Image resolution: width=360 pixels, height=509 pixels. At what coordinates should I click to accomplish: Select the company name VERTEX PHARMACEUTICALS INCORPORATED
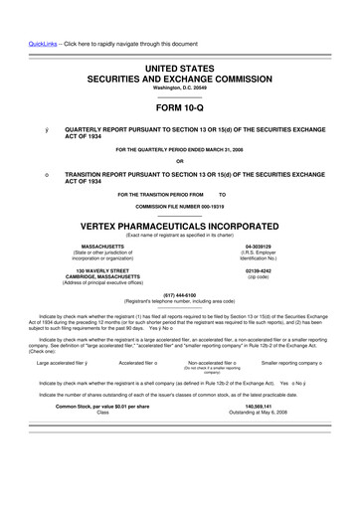click(180, 226)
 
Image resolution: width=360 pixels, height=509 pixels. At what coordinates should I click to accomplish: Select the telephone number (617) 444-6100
click(180, 294)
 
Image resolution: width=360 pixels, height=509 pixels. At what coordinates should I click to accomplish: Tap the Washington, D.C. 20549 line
click(180, 88)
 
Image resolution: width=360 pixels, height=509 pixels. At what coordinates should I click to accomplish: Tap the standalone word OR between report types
click(180, 161)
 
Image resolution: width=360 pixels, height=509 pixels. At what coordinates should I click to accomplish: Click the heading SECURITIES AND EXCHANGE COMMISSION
click(180, 77)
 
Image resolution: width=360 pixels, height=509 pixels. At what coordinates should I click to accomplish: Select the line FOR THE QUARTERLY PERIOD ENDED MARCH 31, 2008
click(180, 149)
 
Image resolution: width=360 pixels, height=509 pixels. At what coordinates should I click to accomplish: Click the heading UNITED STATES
click(180, 65)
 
